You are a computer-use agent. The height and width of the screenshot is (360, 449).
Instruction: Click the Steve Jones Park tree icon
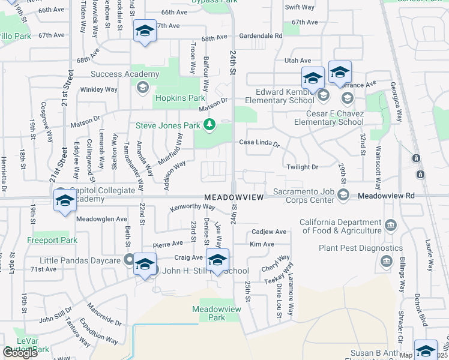pyautogui.click(x=209, y=125)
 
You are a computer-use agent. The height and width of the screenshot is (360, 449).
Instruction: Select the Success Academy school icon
pyautogui.click(x=142, y=88)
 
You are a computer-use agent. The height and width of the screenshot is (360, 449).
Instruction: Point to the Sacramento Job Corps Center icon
pyautogui.click(x=343, y=194)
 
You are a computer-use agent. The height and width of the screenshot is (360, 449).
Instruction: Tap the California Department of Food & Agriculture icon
pyautogui.click(x=391, y=226)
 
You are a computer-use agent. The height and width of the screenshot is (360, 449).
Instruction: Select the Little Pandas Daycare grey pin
pyautogui.click(x=128, y=260)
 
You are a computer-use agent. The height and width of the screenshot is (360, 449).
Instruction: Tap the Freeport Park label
pyautogui.click(x=52, y=241)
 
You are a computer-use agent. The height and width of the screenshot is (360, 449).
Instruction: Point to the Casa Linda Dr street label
pyautogui.click(x=259, y=143)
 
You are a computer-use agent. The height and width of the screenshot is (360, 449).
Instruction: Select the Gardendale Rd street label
pyautogui.click(x=261, y=36)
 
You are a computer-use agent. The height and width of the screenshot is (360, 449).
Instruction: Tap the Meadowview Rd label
pyautogui.click(x=386, y=196)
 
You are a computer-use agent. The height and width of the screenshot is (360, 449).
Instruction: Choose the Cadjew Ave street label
pyautogui.click(x=269, y=232)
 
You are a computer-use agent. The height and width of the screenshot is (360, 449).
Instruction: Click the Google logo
pyautogui.click(x=20, y=353)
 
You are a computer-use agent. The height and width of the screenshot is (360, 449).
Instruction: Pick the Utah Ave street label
pyautogui.click(x=298, y=61)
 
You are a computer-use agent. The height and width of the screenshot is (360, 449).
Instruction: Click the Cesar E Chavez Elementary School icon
pyautogui.click(x=346, y=97)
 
